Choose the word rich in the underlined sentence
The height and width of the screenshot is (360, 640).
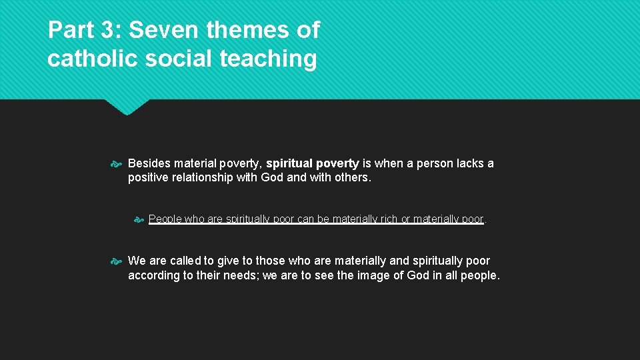(388, 219)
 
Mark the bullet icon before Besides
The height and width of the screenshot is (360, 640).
(117, 163)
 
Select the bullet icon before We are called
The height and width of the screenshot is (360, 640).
(117, 261)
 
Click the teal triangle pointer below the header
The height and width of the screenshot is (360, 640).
(127, 107)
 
